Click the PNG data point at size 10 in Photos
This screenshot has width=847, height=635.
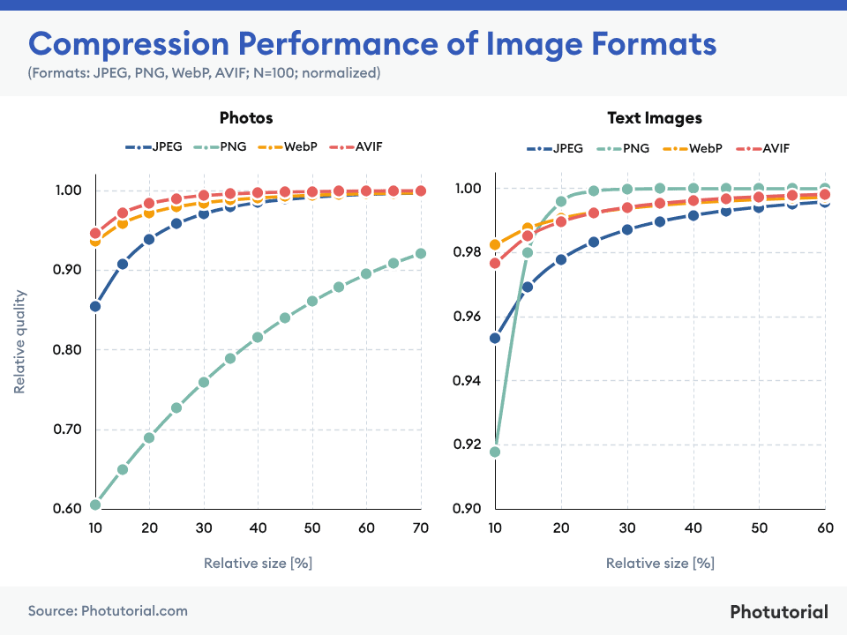[95, 505]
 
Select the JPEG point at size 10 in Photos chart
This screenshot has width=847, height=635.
[95, 306]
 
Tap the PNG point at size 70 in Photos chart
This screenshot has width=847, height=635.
[420, 253]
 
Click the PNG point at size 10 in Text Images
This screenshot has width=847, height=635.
[495, 452]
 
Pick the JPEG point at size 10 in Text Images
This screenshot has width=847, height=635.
[495, 338]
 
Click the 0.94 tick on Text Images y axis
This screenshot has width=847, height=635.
[469, 380]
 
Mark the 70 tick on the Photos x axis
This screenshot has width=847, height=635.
[420, 527]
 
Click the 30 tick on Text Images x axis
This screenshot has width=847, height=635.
[627, 527]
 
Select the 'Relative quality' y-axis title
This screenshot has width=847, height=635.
[19, 344]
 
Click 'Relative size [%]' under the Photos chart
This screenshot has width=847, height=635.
[258, 563]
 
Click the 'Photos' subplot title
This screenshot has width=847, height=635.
[246, 117]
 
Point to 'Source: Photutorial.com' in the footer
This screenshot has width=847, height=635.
[108, 610]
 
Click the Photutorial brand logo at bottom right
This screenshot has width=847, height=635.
[779, 611]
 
